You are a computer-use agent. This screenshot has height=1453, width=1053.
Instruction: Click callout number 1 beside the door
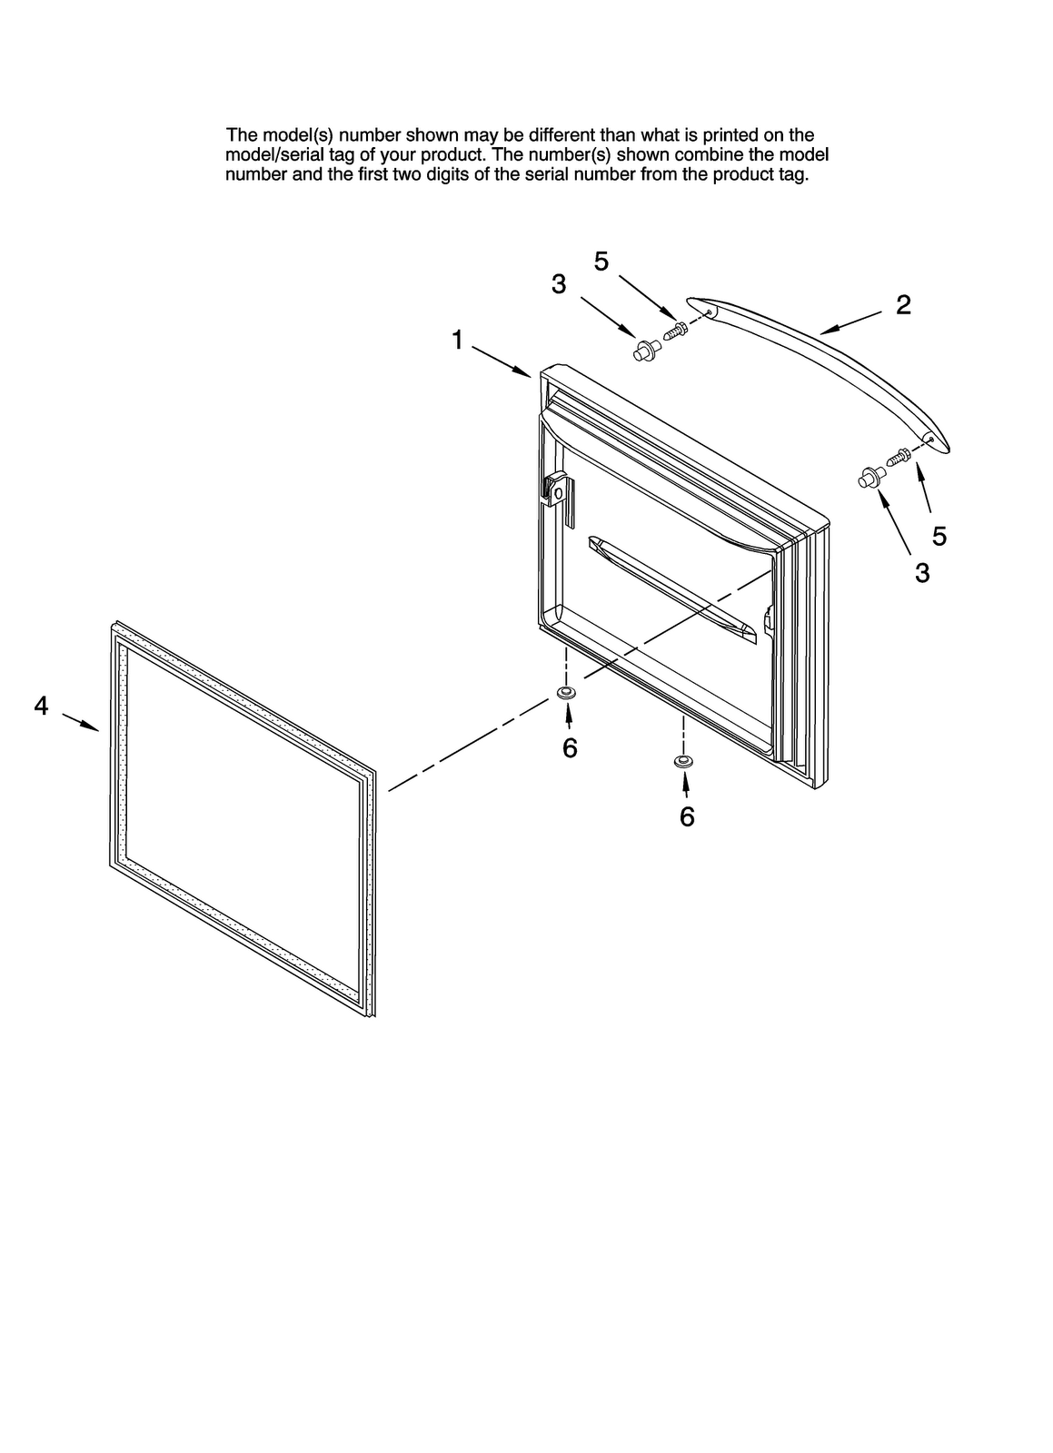[458, 341]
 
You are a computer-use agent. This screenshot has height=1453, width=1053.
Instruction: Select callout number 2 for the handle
[903, 305]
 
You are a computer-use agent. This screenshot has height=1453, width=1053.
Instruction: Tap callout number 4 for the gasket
[41, 705]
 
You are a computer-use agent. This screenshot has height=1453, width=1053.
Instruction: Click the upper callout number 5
[601, 262]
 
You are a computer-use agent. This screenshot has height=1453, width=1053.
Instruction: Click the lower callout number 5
[939, 536]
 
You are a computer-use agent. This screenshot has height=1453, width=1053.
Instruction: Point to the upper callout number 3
[559, 284]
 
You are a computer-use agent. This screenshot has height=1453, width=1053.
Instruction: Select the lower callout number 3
[922, 573]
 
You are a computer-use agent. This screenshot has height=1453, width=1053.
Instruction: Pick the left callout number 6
[570, 747]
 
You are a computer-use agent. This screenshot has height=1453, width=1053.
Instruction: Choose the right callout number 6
[687, 816]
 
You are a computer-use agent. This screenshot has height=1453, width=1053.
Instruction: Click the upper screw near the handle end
[676, 331]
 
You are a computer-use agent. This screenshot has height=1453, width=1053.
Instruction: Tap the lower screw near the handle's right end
[899, 457]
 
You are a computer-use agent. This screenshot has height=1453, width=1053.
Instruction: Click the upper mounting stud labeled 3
[645, 350]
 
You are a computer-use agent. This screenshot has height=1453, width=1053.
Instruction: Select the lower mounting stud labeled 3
[869, 477]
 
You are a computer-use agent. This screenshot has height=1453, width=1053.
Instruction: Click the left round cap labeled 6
[566, 695]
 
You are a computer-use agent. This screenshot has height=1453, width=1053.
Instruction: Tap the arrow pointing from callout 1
[501, 361]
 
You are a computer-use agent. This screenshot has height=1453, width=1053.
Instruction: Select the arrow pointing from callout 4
[80, 722]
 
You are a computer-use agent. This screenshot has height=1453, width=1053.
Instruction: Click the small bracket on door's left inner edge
[556, 491]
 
